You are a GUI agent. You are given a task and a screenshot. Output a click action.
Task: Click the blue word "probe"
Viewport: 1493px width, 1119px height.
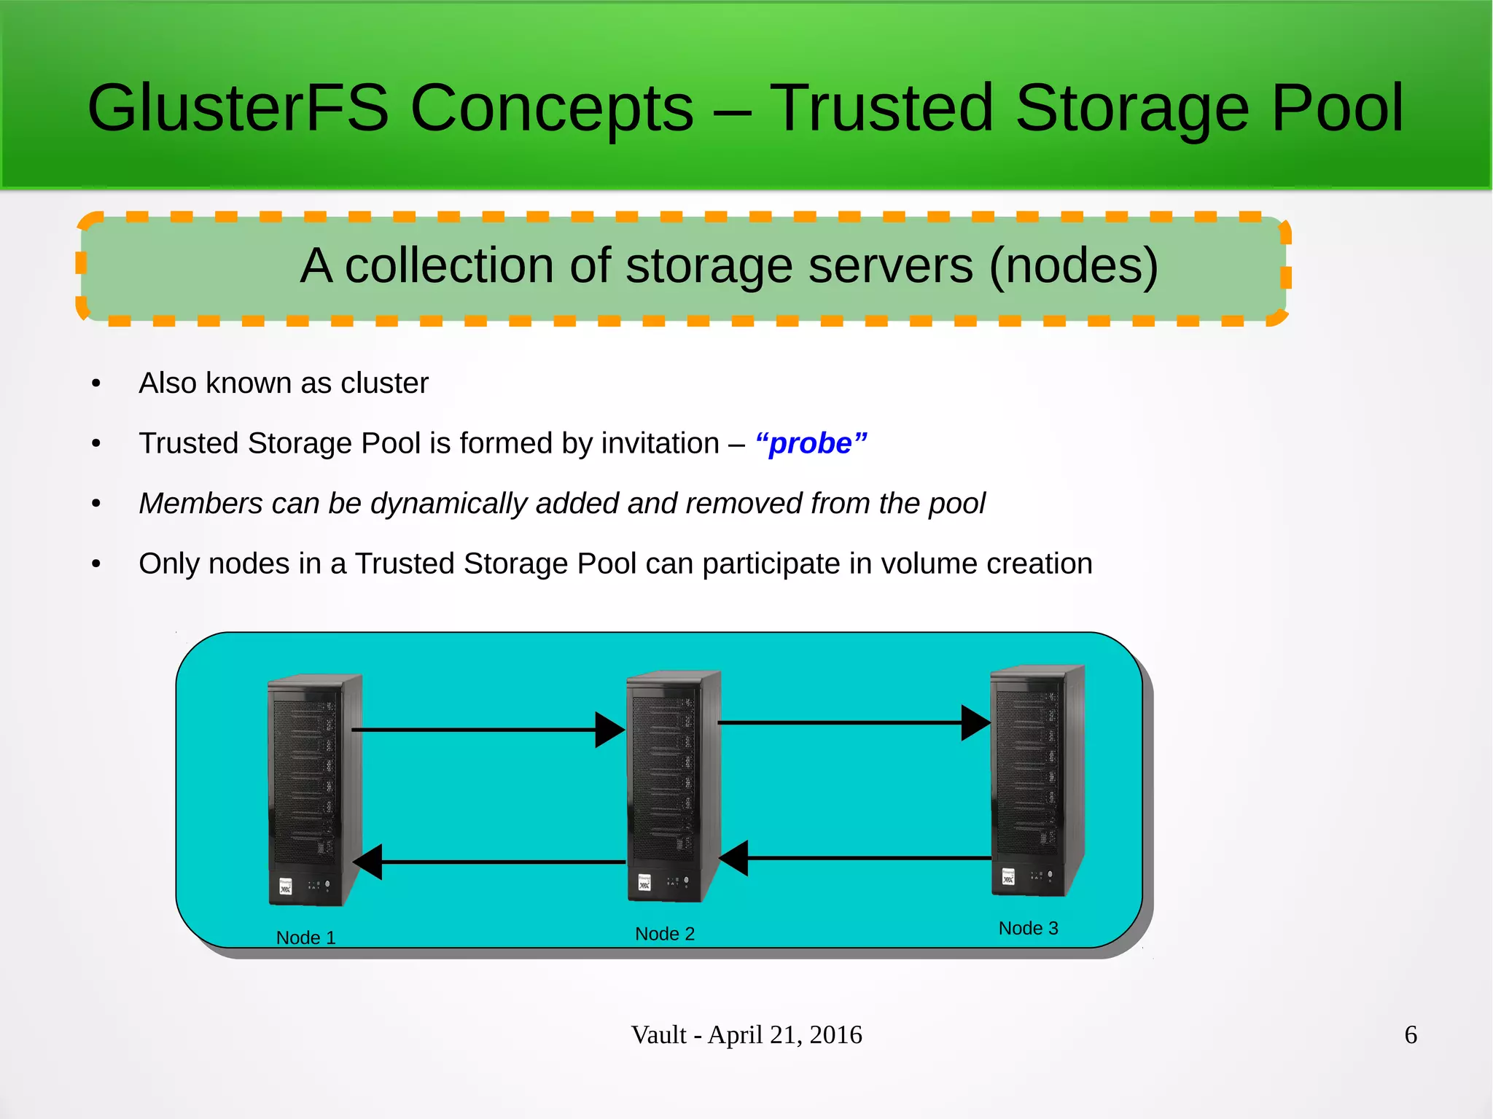coord(811,443)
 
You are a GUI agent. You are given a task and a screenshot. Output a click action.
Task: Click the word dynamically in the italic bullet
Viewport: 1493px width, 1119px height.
coord(448,504)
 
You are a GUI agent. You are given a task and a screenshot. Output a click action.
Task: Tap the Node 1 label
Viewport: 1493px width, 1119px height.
coord(305,937)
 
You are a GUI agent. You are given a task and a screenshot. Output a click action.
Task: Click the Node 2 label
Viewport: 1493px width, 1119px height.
coord(665,934)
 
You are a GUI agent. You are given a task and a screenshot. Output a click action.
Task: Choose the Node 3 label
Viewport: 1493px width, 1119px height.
coord(1028,928)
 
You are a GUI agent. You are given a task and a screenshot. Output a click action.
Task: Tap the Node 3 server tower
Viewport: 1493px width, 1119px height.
coord(1036,780)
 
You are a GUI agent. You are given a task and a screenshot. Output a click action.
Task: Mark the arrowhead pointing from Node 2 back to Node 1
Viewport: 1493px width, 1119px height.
coord(368,862)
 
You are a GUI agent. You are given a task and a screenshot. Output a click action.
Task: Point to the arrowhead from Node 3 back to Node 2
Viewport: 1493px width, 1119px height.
coord(734,858)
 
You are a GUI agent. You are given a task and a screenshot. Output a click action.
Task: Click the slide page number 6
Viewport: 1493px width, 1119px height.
coord(1411,1035)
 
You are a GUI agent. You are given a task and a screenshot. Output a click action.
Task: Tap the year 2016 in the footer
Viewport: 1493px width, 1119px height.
coord(835,1035)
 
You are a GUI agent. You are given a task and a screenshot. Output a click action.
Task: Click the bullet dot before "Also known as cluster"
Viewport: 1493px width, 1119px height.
coord(96,384)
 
